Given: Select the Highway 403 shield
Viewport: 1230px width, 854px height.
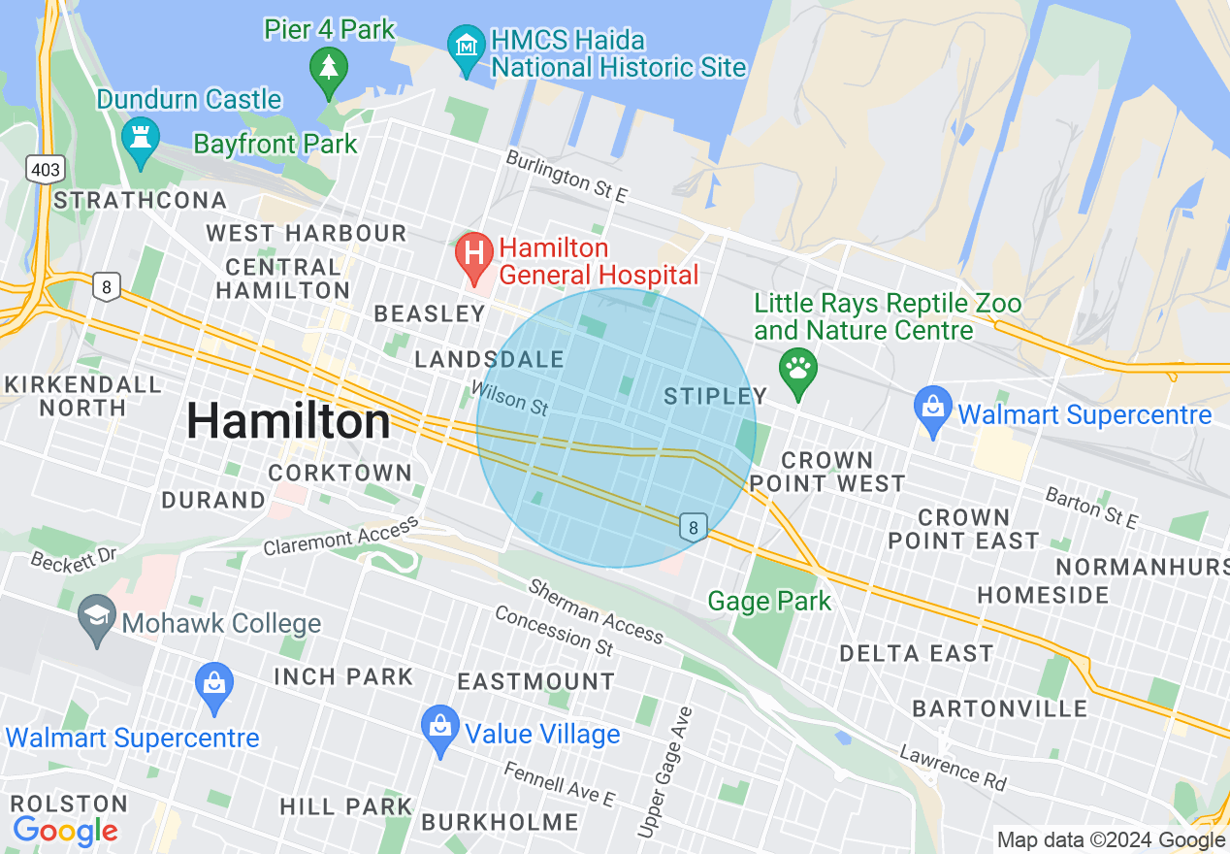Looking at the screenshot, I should (x=46, y=170).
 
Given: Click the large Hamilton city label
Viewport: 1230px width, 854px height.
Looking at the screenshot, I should (x=288, y=421).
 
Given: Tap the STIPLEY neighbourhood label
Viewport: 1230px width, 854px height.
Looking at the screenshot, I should (x=716, y=396).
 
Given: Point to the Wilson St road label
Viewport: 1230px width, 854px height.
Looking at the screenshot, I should (x=508, y=399).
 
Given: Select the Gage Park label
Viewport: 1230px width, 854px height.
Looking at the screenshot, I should (x=769, y=602).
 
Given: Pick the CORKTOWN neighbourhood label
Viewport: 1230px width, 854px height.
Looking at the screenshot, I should (x=340, y=473).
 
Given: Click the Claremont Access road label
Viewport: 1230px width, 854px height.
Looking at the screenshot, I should (x=340, y=537).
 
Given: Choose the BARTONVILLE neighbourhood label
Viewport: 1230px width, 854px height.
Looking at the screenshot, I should (x=1000, y=708).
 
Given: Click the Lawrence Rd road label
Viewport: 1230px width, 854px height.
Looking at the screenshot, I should (x=953, y=767).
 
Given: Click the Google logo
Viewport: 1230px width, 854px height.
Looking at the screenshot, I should (x=65, y=831).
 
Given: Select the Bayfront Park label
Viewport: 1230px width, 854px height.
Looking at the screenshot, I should (x=275, y=145).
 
